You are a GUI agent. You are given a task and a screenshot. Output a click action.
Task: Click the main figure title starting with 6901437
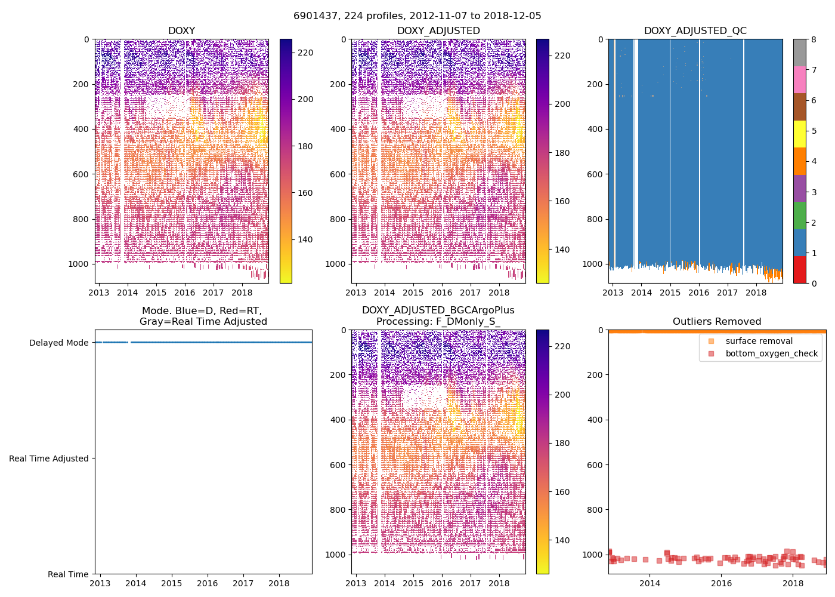[x=417, y=16]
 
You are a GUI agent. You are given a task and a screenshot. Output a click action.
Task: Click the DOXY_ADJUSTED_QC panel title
[x=695, y=30]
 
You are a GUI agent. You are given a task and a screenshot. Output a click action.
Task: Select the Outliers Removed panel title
[x=717, y=321]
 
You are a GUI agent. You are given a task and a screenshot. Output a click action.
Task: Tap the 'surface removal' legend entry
[x=759, y=341]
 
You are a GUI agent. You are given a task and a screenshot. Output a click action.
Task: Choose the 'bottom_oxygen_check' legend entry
[x=771, y=353]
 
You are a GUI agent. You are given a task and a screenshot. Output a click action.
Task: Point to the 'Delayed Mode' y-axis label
[x=58, y=343]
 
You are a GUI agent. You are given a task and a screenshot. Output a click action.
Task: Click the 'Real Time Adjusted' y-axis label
[x=48, y=458]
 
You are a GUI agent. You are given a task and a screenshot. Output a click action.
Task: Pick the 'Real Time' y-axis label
[x=68, y=574]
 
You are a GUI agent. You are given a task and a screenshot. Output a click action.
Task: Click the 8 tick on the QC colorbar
[x=814, y=39]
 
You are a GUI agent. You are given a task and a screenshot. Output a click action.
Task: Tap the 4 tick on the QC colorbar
[x=814, y=161]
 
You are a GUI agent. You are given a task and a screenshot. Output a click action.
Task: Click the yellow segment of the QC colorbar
[x=799, y=134]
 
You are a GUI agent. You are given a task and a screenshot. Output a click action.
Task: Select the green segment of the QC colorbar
[x=799, y=215]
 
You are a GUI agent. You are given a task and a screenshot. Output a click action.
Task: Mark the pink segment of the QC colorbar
[x=799, y=79]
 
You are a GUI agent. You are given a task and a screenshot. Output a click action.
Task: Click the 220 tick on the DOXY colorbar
[x=305, y=53]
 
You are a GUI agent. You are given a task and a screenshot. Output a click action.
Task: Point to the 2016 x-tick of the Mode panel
[x=207, y=583]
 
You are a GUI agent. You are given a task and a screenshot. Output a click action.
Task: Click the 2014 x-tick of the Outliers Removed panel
[x=650, y=583]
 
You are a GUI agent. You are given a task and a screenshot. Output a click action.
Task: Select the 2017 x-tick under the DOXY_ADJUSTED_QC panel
[x=727, y=293]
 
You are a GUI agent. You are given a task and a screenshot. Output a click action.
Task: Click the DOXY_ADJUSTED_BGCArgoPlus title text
[x=438, y=310]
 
